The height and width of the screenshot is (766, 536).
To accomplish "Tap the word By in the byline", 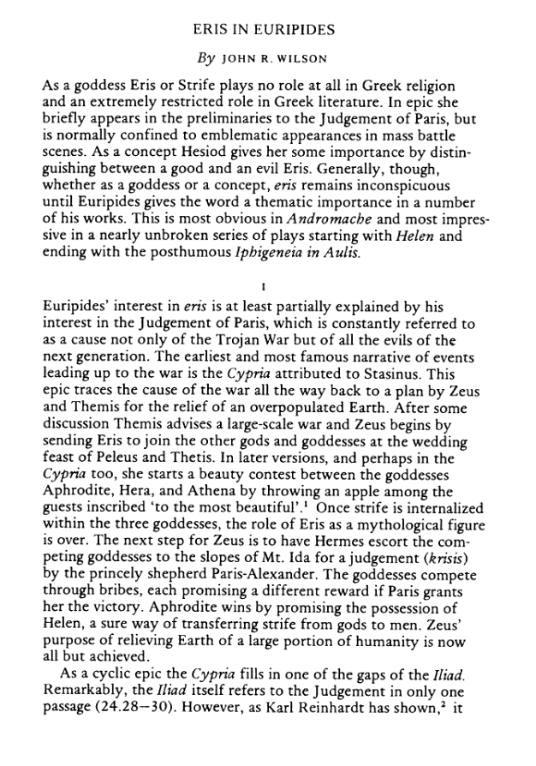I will [x=207, y=60].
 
